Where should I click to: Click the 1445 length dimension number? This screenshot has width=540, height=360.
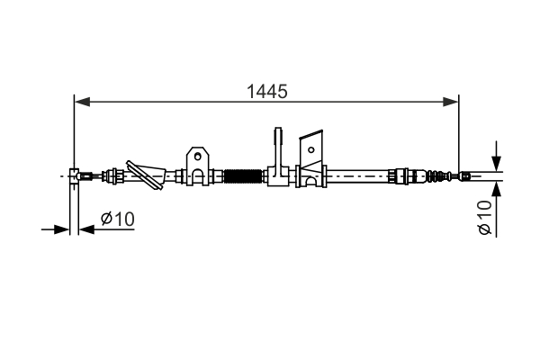coord(266,91)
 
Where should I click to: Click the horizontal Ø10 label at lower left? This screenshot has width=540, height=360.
coord(117,219)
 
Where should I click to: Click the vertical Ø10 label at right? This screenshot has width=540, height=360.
coord(484,218)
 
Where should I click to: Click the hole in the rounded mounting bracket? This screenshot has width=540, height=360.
coord(198,157)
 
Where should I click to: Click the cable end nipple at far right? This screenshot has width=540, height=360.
coord(464,175)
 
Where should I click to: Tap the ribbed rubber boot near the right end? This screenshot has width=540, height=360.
coord(436,175)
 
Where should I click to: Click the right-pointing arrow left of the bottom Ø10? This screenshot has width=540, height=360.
coord(64,229)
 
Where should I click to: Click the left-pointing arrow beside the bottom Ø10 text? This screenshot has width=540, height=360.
coord(85,229)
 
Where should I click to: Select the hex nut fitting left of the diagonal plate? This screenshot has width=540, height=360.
coord(114,175)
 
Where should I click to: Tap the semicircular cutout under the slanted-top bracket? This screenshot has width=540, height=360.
coord(311,180)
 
